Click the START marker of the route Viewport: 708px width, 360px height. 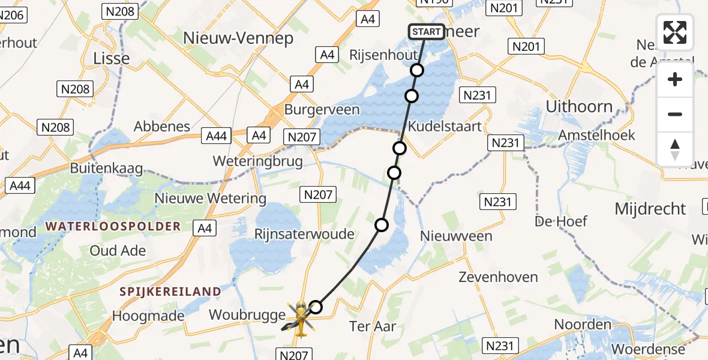(x=427, y=32)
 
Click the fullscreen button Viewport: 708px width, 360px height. (x=675, y=32)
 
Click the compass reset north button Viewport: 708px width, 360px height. (x=675, y=149)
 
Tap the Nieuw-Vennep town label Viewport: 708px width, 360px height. (x=238, y=38)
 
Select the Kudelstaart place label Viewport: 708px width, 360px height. (x=445, y=127)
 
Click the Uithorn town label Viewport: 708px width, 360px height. (x=579, y=107)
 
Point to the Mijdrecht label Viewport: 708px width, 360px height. (x=650, y=209)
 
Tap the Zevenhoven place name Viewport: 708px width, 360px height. (x=498, y=277)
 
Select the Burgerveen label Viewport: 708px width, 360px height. (x=322, y=110)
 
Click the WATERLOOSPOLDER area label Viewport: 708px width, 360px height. (x=112, y=226)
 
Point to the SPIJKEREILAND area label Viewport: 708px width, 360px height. (x=170, y=292)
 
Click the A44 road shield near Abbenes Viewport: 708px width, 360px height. (x=216, y=136)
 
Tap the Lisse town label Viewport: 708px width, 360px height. (x=112, y=58)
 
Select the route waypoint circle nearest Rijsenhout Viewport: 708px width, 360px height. (x=417, y=70)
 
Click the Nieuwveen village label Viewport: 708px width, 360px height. (x=457, y=236)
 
